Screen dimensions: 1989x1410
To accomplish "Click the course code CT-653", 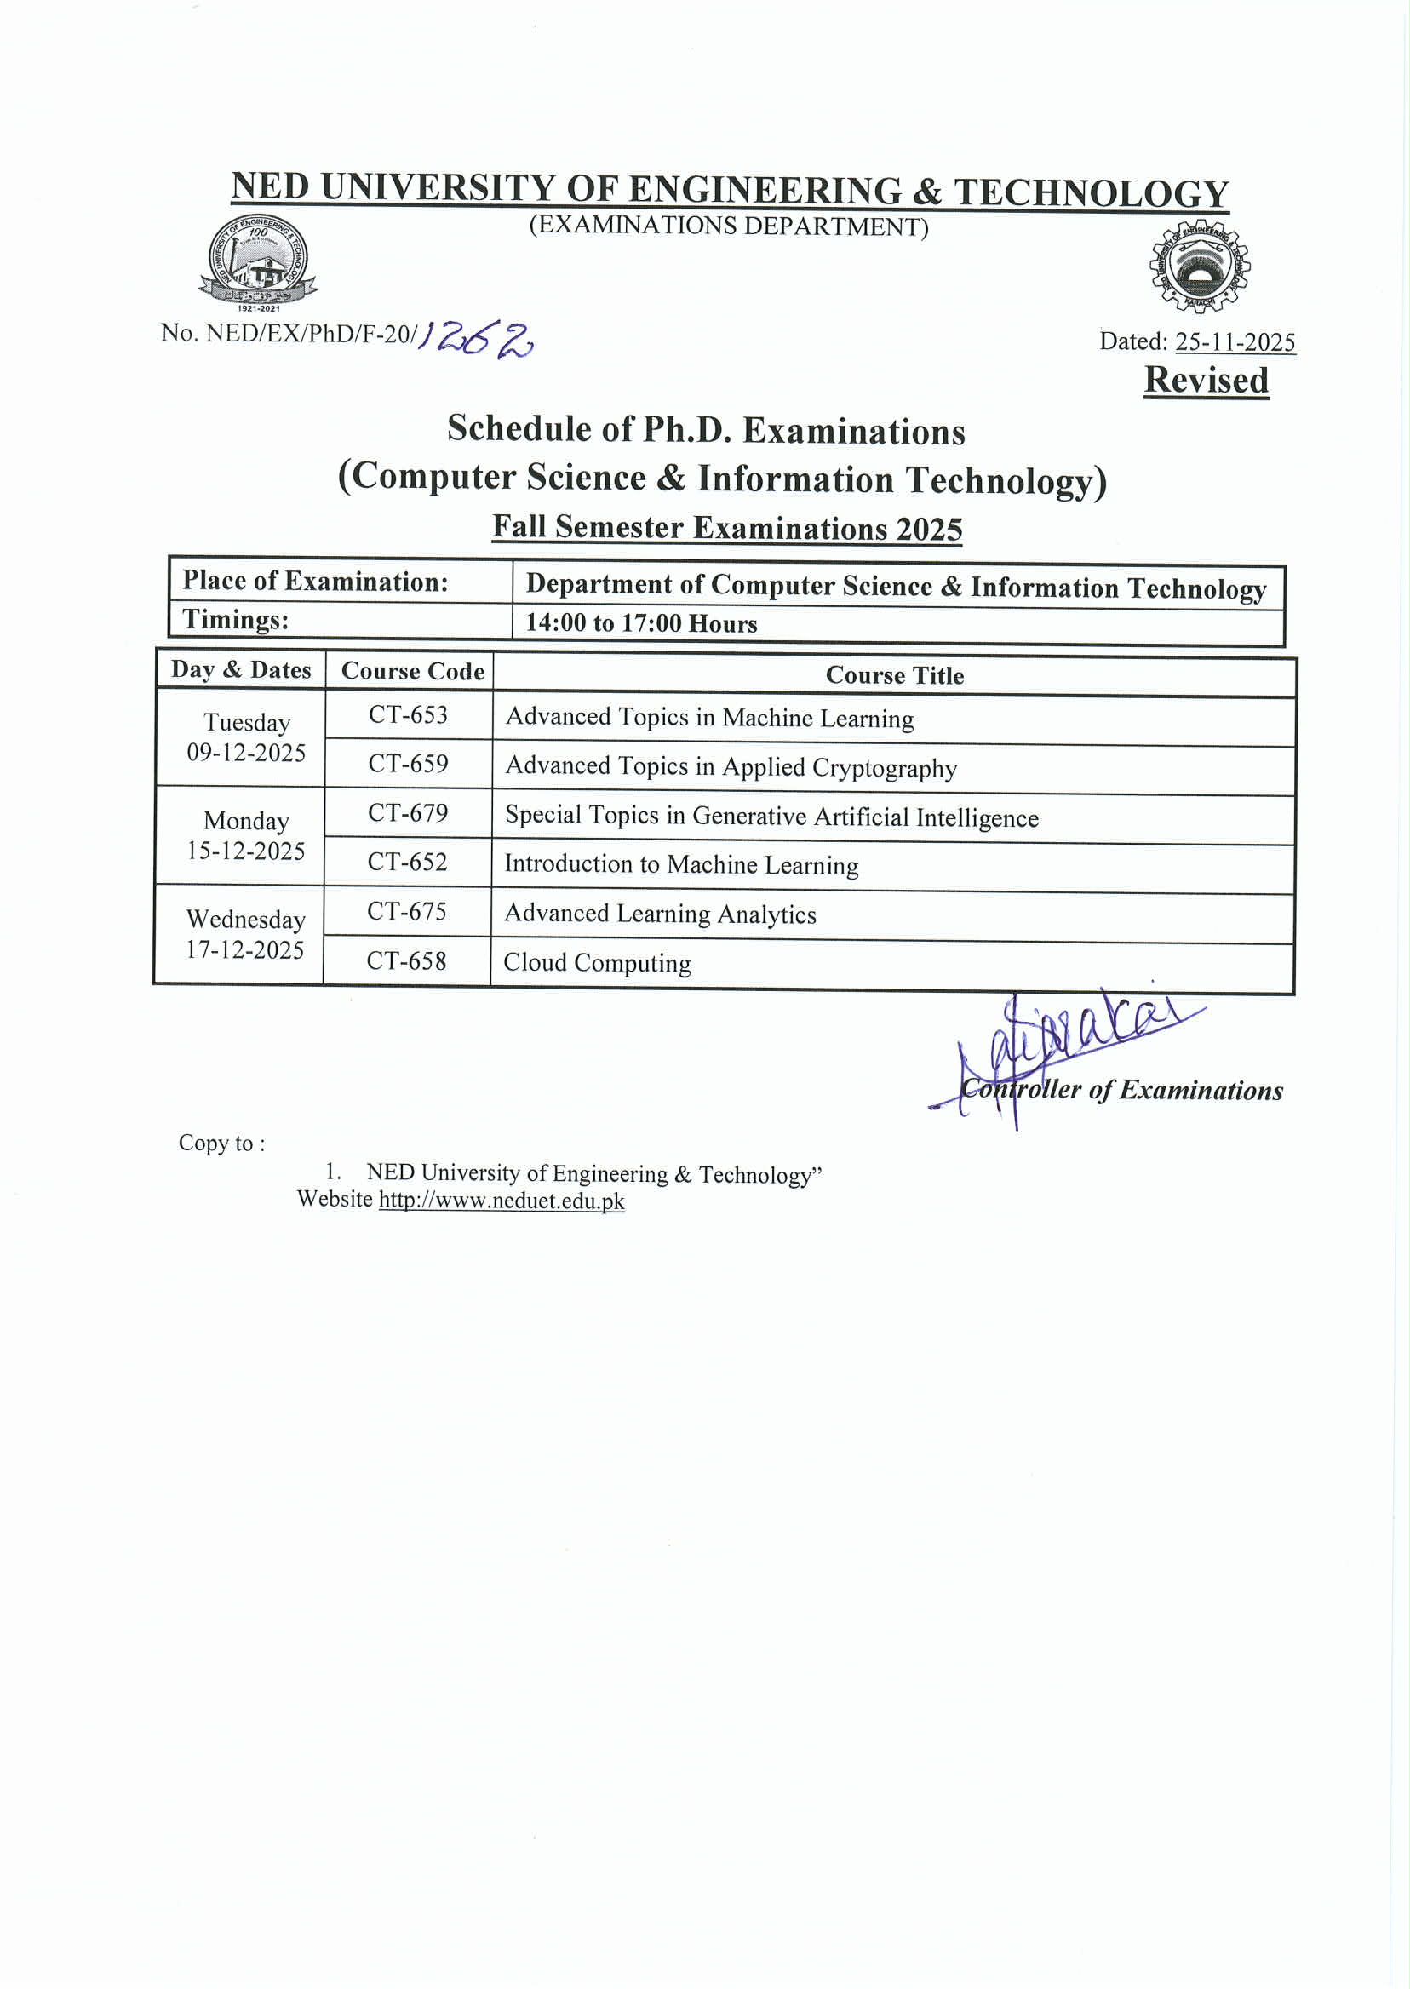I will click(408, 714).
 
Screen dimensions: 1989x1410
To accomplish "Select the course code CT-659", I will click(408, 763).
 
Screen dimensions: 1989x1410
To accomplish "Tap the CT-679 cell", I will click(408, 812).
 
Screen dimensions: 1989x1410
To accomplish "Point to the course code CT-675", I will click(406, 911).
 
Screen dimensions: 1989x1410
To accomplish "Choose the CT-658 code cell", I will click(406, 960).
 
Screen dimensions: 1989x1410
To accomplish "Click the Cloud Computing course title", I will click(598, 963).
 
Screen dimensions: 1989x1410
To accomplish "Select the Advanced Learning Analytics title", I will click(660, 914).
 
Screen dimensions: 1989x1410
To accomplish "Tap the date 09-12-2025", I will click(247, 753).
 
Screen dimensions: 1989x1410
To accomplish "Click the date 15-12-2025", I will click(246, 851).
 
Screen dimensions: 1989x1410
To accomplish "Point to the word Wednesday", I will click(246, 920).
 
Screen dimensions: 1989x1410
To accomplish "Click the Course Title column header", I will click(894, 675).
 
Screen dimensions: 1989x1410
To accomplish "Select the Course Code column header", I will click(412, 671).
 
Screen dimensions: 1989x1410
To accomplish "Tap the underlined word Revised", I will click(1206, 381).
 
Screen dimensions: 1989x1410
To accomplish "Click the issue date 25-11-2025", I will click(1235, 342).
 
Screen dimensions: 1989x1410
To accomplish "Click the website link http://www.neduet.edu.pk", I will click(501, 1201).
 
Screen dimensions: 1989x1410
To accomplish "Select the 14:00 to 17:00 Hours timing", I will click(642, 623).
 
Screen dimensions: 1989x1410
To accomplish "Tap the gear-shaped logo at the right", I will click(1200, 266).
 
